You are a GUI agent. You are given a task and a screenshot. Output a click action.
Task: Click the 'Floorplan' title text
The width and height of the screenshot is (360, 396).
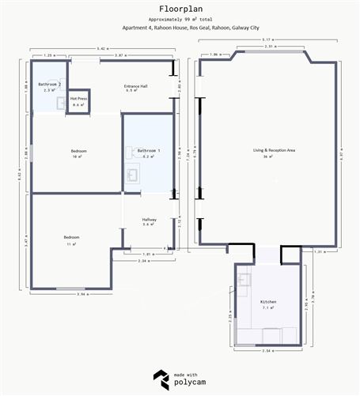(x=180, y=7)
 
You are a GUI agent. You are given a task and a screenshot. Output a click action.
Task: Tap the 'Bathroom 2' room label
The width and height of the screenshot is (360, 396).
(x=50, y=84)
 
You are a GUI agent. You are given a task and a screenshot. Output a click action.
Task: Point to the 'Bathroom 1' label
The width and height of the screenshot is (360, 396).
(x=148, y=150)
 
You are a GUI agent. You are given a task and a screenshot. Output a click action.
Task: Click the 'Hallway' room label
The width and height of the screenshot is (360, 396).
(x=149, y=220)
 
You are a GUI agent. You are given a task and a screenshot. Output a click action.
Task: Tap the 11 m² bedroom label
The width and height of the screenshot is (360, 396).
(x=71, y=240)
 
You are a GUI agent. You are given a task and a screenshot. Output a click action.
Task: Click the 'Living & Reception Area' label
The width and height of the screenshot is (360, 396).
(x=273, y=149)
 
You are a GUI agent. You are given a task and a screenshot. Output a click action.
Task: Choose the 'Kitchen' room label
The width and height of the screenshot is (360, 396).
(x=268, y=302)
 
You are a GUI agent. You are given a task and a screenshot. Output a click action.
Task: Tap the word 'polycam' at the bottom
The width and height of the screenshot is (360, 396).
(x=190, y=383)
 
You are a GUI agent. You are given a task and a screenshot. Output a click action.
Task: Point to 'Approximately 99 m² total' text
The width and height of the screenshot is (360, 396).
(x=180, y=17)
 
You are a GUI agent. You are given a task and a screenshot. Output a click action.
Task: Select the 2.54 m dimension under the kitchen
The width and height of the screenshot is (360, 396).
(x=267, y=350)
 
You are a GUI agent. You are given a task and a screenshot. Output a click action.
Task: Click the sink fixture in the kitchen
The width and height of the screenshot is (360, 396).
(x=244, y=278)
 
